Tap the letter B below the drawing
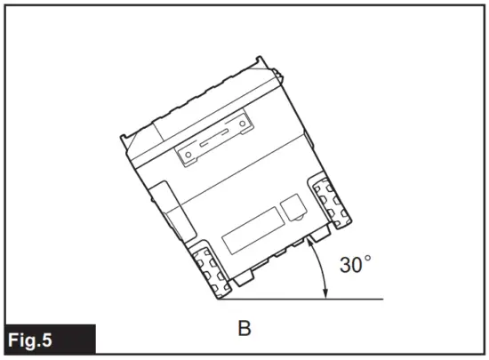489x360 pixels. (244, 329)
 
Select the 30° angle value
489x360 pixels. (355, 266)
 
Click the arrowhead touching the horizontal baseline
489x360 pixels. (325, 294)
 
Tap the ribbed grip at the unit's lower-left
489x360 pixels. (210, 268)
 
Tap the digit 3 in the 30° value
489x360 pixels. (348, 266)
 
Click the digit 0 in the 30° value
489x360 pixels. (361, 266)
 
